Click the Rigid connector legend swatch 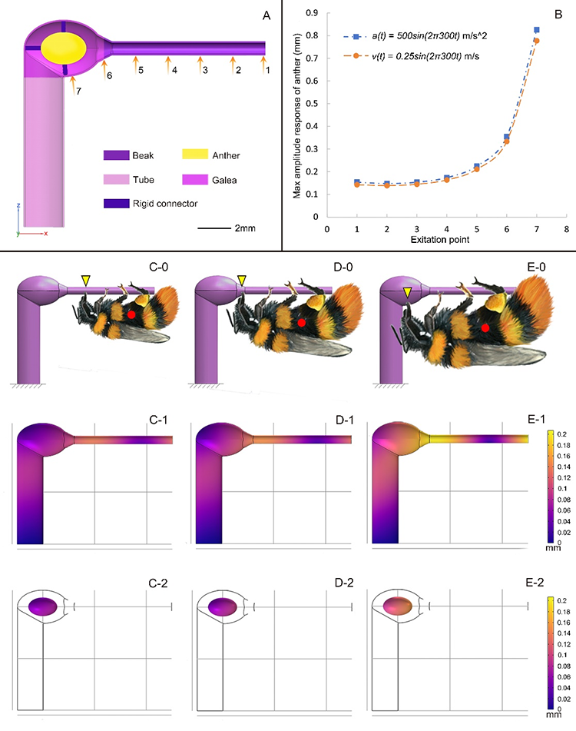pos(116,204)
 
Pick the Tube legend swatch pos(116,179)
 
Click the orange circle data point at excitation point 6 pos(506,141)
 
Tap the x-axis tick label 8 pos(566,228)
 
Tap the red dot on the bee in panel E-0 pos(485,327)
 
